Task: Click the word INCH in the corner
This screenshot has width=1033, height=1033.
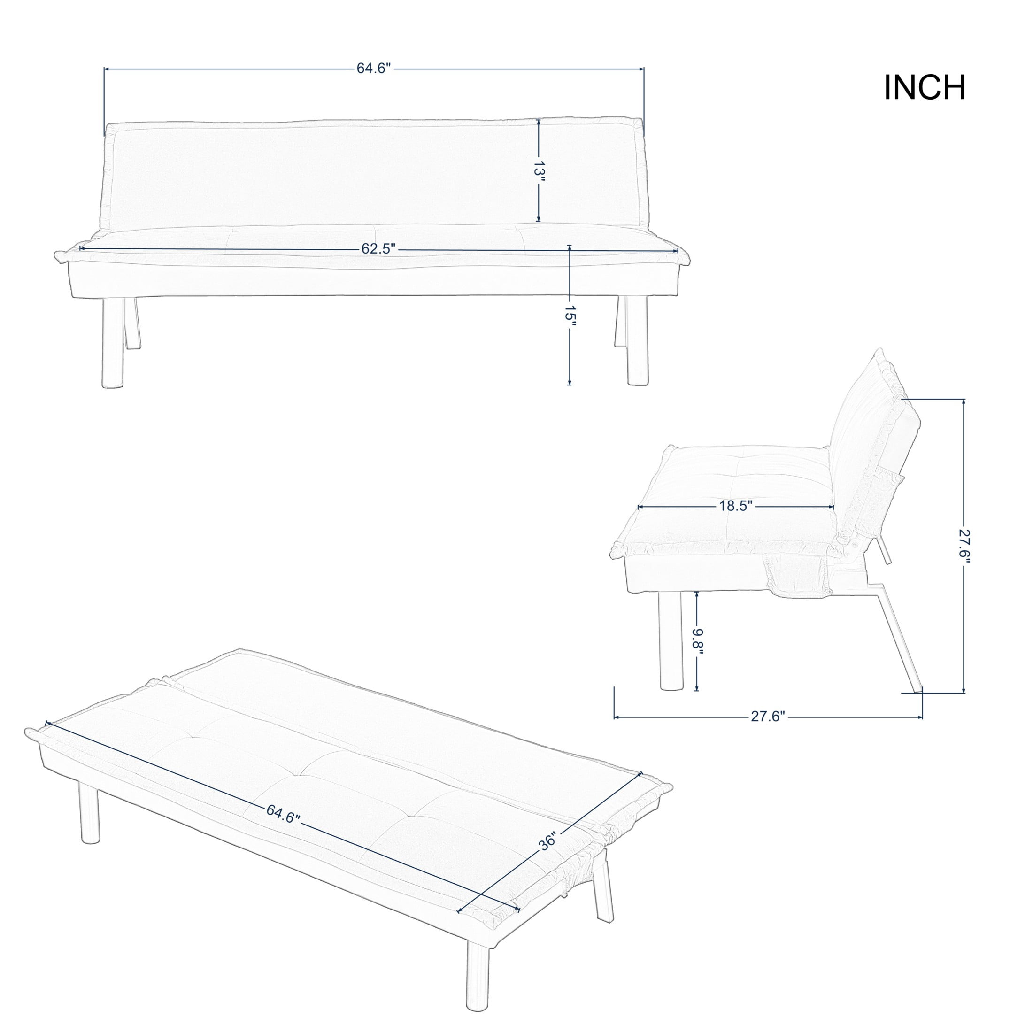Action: coord(925,88)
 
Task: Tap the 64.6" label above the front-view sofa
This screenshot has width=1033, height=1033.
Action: coord(375,69)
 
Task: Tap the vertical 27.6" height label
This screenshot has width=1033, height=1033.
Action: coord(964,544)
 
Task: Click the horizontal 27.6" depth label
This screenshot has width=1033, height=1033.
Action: coord(768,717)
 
